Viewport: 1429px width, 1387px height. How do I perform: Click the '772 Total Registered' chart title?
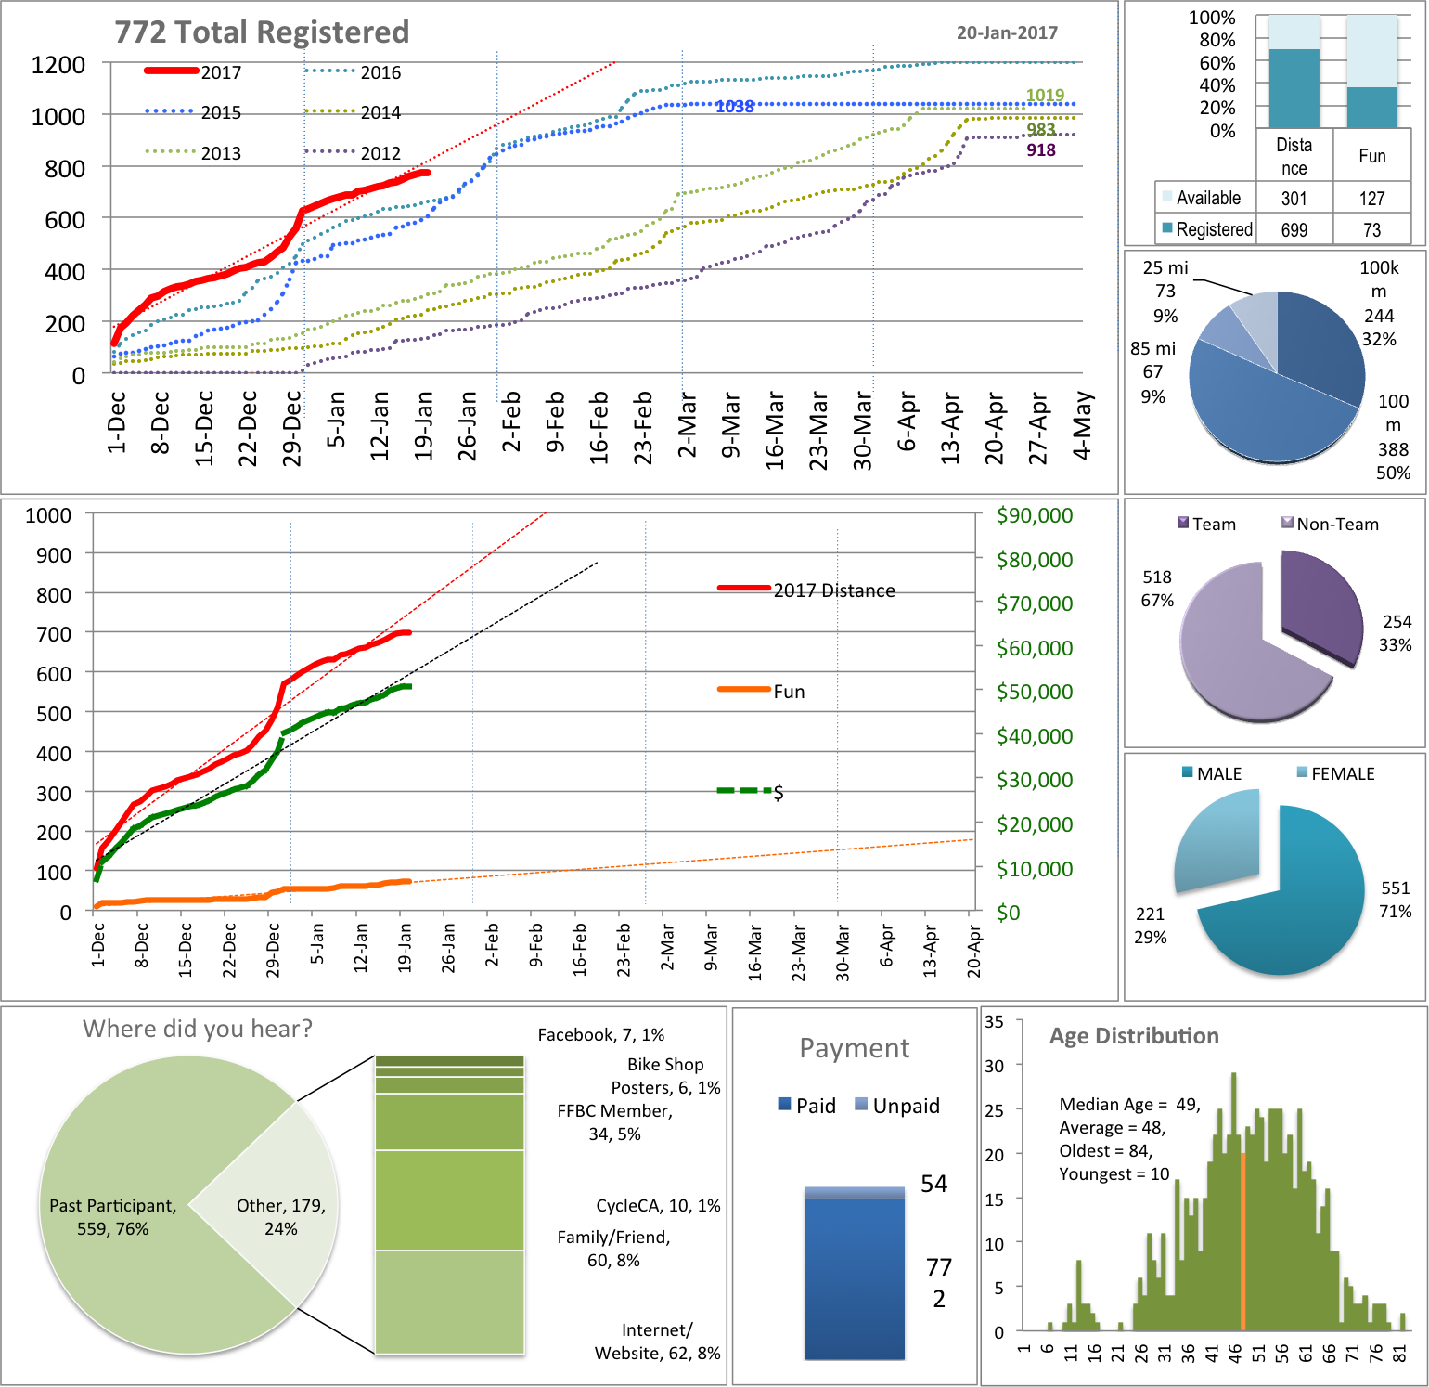click(x=262, y=32)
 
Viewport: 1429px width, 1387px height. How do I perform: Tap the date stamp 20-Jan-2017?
click(x=1007, y=33)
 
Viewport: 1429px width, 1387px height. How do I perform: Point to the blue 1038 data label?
click(x=734, y=107)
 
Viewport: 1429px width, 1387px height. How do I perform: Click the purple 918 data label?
click(x=1040, y=150)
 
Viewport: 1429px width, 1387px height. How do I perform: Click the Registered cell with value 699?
click(x=1294, y=229)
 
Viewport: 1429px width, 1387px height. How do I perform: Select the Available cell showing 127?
click(x=1371, y=198)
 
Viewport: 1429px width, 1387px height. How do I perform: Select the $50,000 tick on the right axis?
click(x=1034, y=692)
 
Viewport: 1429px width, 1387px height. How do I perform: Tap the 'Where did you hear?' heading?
click(x=198, y=1029)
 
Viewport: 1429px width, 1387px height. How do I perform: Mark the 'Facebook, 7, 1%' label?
click(x=600, y=1035)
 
